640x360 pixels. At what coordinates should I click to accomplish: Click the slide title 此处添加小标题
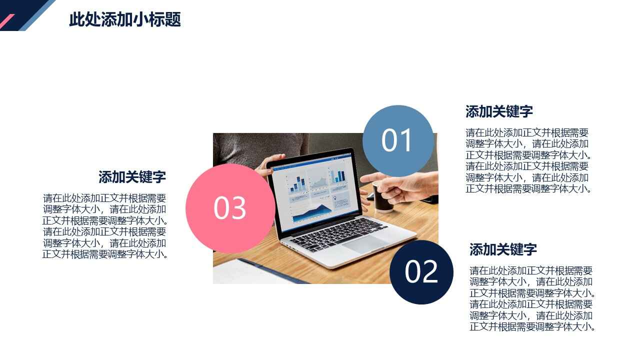(125, 19)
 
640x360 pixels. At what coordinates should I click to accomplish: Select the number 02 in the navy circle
(421, 271)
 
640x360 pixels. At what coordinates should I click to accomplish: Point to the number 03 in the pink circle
(230, 207)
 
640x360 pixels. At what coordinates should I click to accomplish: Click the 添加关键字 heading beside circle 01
(499, 111)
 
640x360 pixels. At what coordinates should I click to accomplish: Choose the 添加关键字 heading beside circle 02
(503, 249)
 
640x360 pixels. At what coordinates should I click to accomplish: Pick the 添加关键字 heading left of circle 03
(132, 177)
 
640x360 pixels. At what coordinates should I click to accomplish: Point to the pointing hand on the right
(400, 187)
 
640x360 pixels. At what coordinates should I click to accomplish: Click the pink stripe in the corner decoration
(6, 21)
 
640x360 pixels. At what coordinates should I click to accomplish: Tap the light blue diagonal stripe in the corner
(37, 15)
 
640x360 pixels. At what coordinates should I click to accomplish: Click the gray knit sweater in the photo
(257, 148)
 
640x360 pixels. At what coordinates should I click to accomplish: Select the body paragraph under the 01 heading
(528, 160)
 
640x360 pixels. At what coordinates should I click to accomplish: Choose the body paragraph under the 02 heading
(532, 298)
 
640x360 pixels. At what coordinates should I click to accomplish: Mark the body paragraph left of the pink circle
(104, 226)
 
